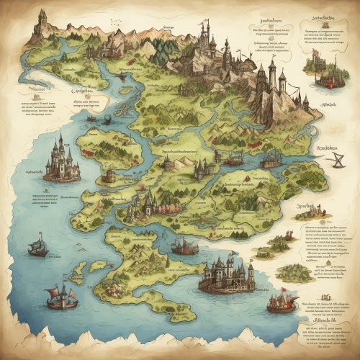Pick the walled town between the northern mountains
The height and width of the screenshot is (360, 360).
click(108, 48)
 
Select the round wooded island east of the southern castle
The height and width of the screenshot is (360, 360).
click(294, 272)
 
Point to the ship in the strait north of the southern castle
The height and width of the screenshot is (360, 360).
click(184, 247)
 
